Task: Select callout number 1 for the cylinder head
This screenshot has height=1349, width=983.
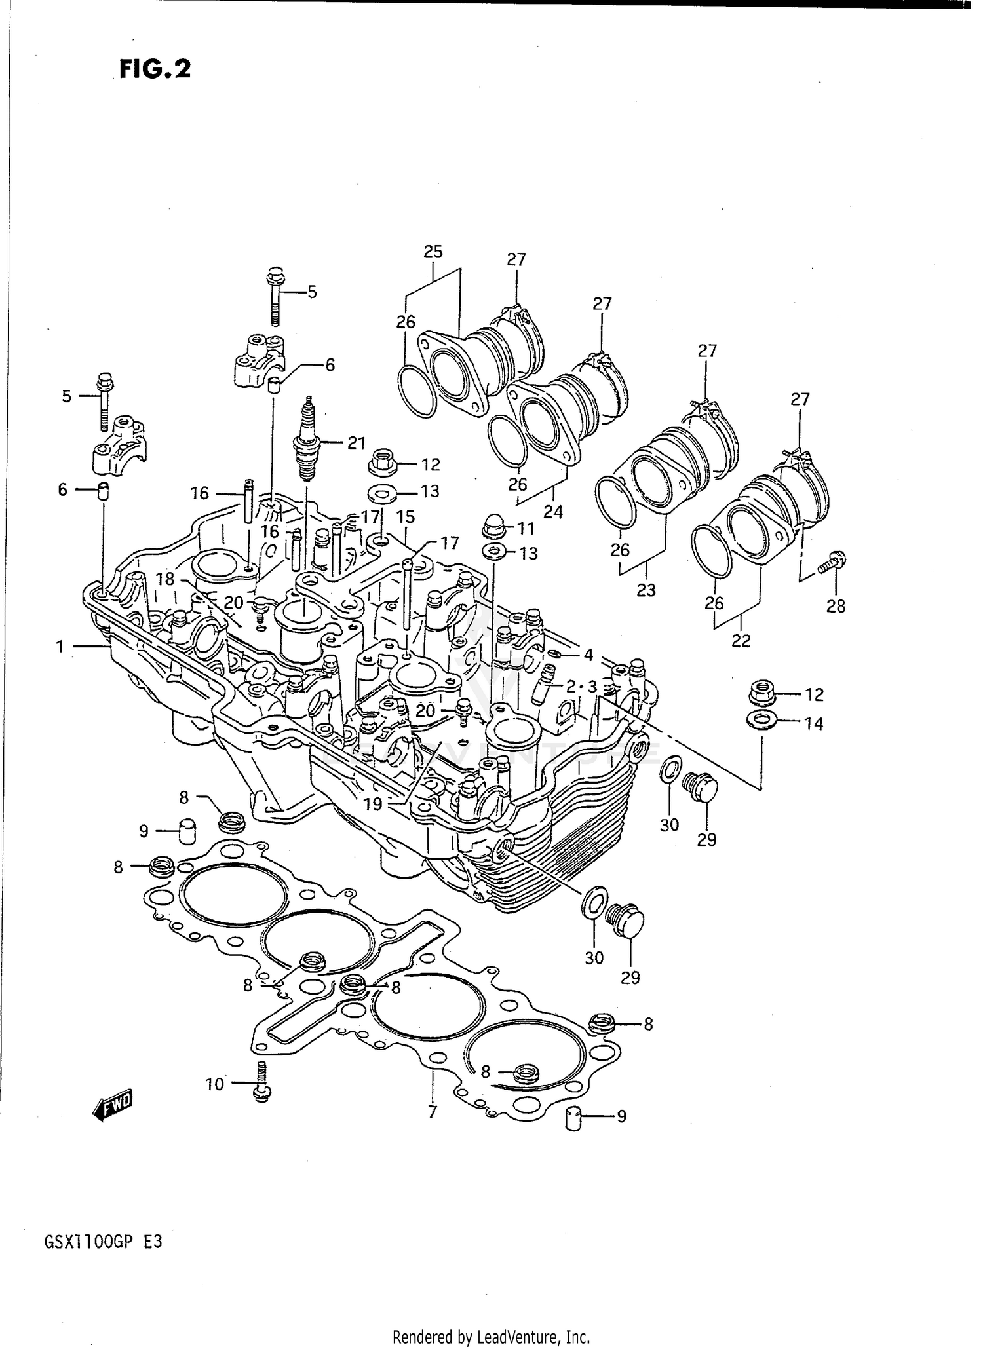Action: [60, 647]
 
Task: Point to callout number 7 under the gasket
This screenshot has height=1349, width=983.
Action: [432, 1111]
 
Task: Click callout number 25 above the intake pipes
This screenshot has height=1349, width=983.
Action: [433, 252]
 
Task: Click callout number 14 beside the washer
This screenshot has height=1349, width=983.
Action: [813, 723]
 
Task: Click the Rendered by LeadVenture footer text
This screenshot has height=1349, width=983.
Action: [491, 1337]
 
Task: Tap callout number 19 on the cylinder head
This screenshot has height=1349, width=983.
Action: [373, 804]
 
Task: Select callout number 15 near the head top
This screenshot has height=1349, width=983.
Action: [406, 517]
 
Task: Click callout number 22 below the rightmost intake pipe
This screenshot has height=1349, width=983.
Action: [741, 640]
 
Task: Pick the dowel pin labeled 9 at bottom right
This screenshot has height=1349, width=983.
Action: [574, 1119]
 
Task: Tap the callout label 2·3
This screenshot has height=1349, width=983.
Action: [581, 687]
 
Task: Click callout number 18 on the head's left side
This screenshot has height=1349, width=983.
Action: [166, 579]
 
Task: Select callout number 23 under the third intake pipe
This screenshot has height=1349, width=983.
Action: [646, 590]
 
